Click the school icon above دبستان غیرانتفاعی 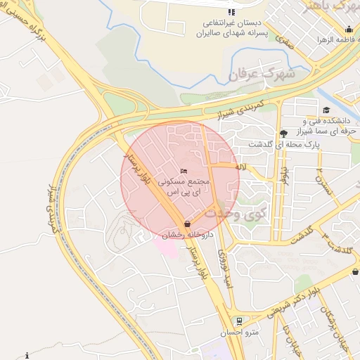tap(231, 12)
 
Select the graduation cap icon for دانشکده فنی tap(326, 110)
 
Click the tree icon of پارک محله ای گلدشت tap(283, 134)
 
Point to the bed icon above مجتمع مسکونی tap(184, 171)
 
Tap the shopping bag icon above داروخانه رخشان tap(186, 224)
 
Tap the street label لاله tap(240, 167)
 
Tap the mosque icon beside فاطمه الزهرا tap(349, 29)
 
